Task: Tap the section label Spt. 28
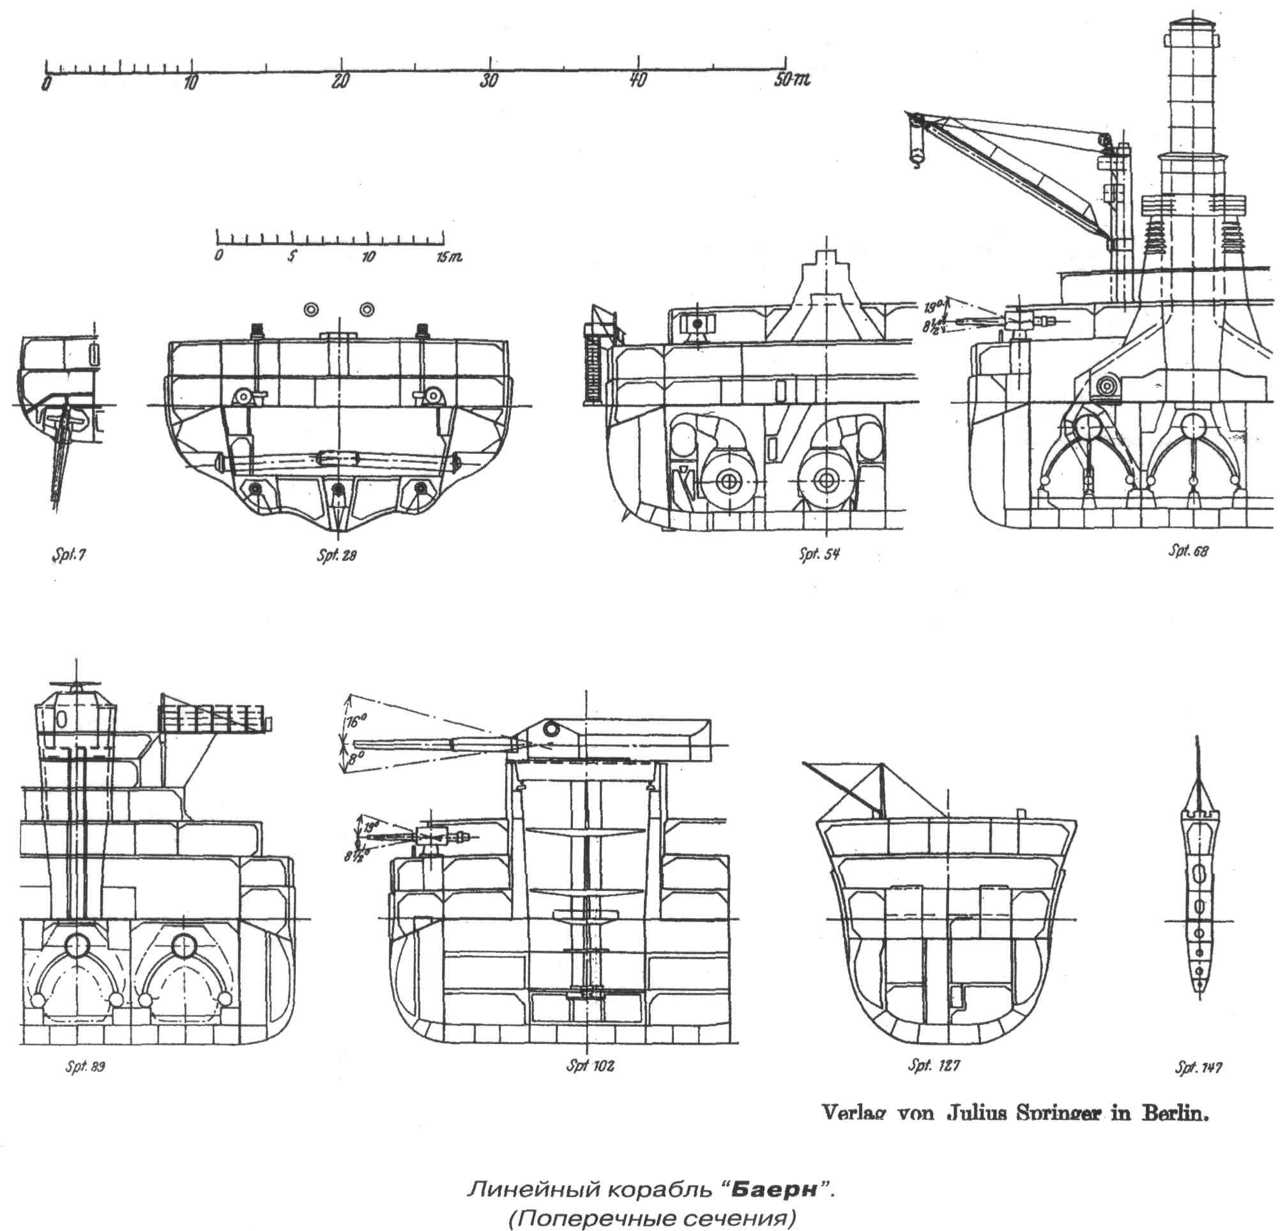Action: pyautogui.click(x=336, y=556)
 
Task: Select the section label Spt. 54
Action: pyautogui.click(x=819, y=555)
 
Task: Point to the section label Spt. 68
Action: pyautogui.click(x=1187, y=551)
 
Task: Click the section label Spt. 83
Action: pyautogui.click(x=85, y=1066)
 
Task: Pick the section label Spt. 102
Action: pyautogui.click(x=590, y=1066)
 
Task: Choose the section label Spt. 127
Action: pyautogui.click(x=934, y=1065)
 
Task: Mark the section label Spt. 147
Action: pyautogui.click(x=1198, y=1068)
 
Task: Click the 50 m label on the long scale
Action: pyautogui.click(x=792, y=80)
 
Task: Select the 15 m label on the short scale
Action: pyautogui.click(x=449, y=257)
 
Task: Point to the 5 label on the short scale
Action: pyautogui.click(x=291, y=255)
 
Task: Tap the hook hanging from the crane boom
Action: pyautogui.click(x=915, y=156)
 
